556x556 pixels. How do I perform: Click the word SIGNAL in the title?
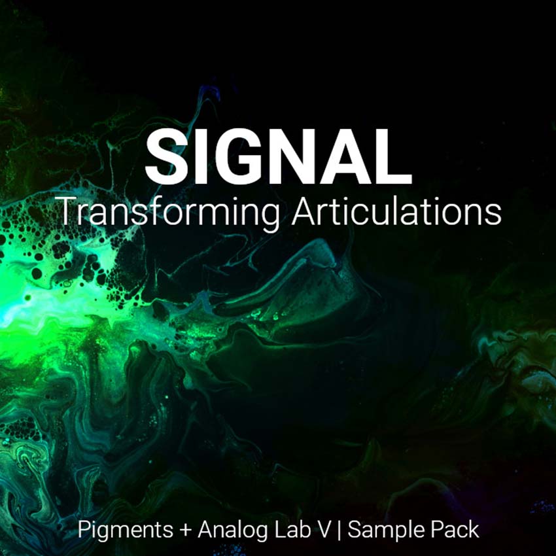point(279,157)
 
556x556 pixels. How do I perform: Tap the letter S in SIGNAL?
point(167,157)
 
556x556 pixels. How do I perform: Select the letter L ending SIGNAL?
point(394,157)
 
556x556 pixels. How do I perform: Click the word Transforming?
point(169,213)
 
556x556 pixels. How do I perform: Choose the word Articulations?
point(396,211)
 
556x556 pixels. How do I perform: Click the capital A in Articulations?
point(304,211)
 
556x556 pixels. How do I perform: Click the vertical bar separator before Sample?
point(339,530)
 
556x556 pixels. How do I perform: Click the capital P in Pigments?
point(85,530)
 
